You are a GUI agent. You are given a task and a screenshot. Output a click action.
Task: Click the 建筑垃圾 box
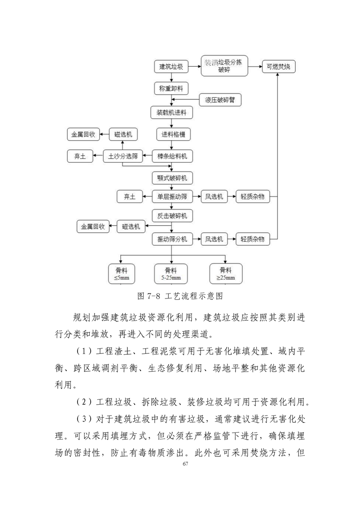coord(171,67)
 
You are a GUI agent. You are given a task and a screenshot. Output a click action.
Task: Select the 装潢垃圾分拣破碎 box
coord(224,66)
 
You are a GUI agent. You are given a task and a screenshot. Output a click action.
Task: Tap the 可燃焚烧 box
coord(278,67)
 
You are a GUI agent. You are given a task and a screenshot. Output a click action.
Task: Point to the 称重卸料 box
coord(171,88)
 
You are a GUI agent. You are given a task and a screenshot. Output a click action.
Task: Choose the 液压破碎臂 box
coord(220,100)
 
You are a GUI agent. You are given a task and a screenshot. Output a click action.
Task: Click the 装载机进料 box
coord(171,113)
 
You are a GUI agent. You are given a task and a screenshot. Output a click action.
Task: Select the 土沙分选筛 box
coord(123,156)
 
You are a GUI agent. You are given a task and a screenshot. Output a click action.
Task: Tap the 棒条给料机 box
coord(172,156)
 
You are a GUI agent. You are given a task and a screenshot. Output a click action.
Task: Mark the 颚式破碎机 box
coord(172,178)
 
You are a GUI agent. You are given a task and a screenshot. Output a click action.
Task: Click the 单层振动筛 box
coord(172,196)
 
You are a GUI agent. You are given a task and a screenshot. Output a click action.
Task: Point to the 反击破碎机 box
coord(172,216)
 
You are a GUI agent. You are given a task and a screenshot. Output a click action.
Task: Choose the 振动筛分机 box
coord(172,239)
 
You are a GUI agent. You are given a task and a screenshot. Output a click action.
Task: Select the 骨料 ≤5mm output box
coord(122,274)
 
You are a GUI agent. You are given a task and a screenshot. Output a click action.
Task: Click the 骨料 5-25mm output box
coord(171,274)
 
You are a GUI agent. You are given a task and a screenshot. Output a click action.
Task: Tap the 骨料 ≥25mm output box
coord(226,274)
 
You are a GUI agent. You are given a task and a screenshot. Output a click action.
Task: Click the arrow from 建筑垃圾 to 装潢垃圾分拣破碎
coord(195,67)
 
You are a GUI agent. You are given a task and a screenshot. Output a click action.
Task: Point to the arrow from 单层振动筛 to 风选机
coord(196,196)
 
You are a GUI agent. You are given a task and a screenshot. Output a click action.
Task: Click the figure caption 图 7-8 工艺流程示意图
coord(180,296)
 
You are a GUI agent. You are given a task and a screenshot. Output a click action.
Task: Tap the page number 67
coord(185,464)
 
